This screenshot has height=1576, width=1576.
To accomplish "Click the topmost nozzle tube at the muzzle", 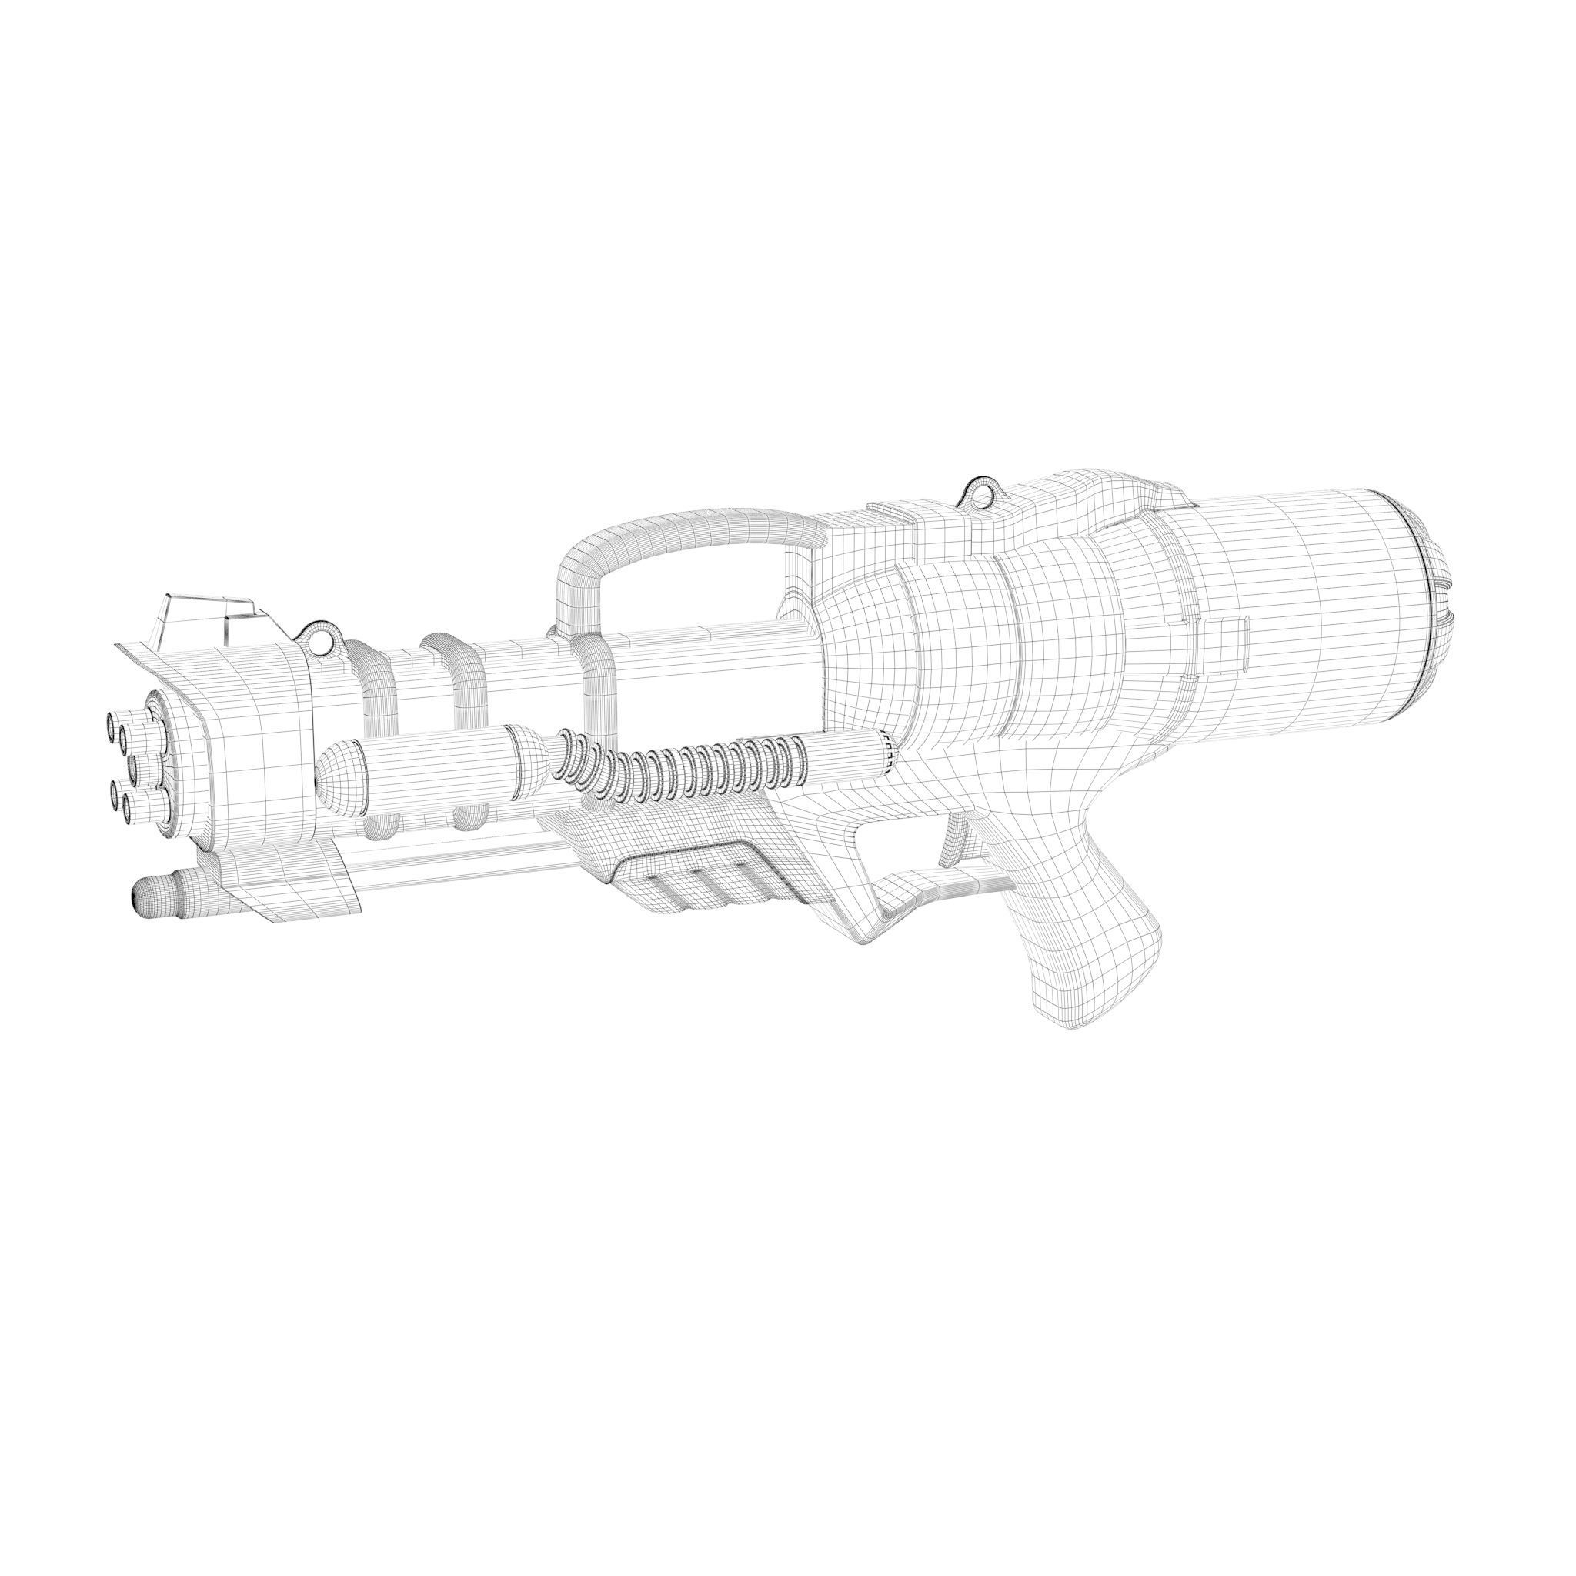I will (111, 723).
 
